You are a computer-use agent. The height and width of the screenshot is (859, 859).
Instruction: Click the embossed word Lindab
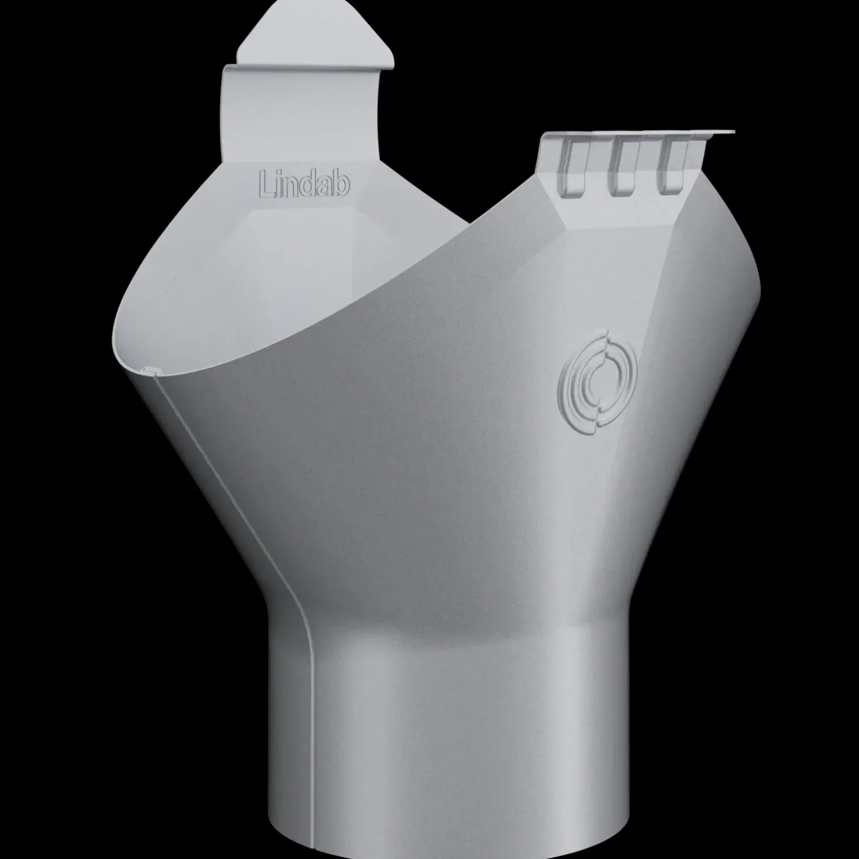(x=304, y=184)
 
